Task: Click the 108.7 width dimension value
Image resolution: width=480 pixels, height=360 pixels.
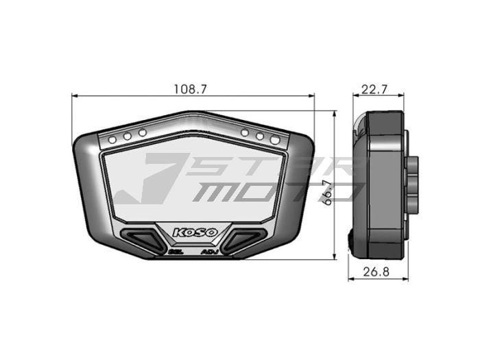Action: pos(191,89)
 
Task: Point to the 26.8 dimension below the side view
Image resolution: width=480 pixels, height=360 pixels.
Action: pos(376,272)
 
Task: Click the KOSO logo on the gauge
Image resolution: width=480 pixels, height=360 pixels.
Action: pos(195,232)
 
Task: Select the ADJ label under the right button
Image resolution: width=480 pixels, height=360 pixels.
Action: pos(208,252)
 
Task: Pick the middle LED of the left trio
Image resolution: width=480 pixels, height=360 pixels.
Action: pos(128,136)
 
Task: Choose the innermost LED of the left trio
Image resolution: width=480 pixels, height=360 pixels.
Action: pos(143,133)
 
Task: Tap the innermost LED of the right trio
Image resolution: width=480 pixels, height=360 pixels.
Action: pos(245,133)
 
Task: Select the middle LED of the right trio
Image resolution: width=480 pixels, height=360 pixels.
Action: pos(260,136)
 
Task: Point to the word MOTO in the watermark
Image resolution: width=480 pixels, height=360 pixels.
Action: pos(274,193)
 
